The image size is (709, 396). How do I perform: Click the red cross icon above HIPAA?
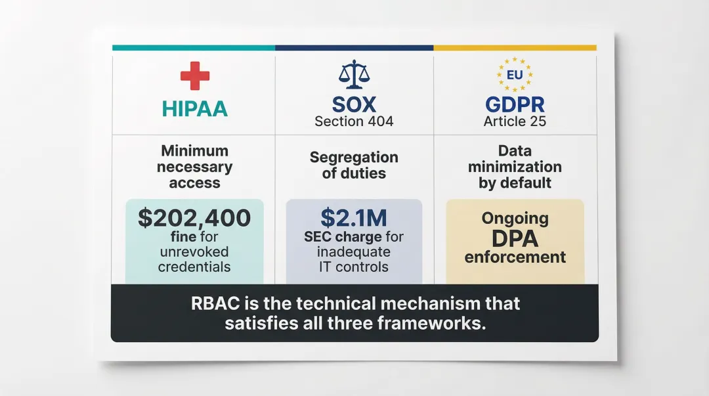click(194, 76)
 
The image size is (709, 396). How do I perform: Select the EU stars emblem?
click(515, 75)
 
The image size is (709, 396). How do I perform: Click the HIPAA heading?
click(194, 108)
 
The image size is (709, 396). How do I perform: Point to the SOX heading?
click(354, 104)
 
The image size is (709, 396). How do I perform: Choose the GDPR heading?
click(515, 104)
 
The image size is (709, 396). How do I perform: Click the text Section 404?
click(354, 121)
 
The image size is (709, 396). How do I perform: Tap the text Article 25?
click(515, 121)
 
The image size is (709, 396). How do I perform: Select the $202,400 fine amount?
click(194, 217)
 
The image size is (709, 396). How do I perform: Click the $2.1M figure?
click(354, 217)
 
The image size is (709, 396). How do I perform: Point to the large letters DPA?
click(515, 238)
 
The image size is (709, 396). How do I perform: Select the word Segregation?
click(354, 158)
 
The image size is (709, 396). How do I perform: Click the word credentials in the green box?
click(194, 267)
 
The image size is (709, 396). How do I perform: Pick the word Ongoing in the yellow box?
click(515, 218)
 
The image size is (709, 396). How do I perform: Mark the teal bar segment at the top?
click(194, 48)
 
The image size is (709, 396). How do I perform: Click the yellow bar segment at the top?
click(515, 48)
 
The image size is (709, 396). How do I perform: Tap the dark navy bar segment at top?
click(354, 48)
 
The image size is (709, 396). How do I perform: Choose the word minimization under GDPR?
click(515, 167)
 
